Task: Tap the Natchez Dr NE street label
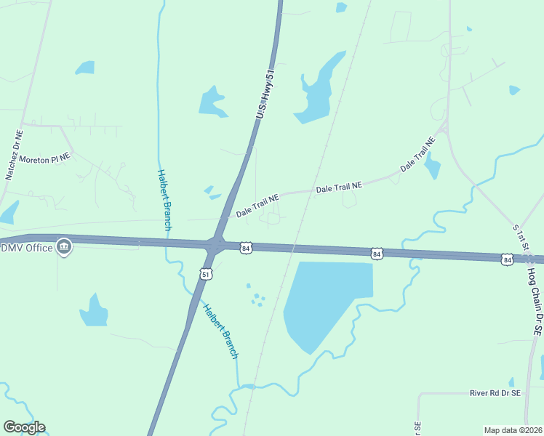tap(14, 155)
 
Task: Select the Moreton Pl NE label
tap(44, 158)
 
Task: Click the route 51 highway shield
tap(207, 274)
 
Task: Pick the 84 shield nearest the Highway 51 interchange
tap(247, 248)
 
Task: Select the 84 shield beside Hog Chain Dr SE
tap(506, 259)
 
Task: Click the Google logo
tap(24, 427)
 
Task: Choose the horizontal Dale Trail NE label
tap(338, 188)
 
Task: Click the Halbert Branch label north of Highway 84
tap(164, 200)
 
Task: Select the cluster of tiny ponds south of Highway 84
tap(255, 296)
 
